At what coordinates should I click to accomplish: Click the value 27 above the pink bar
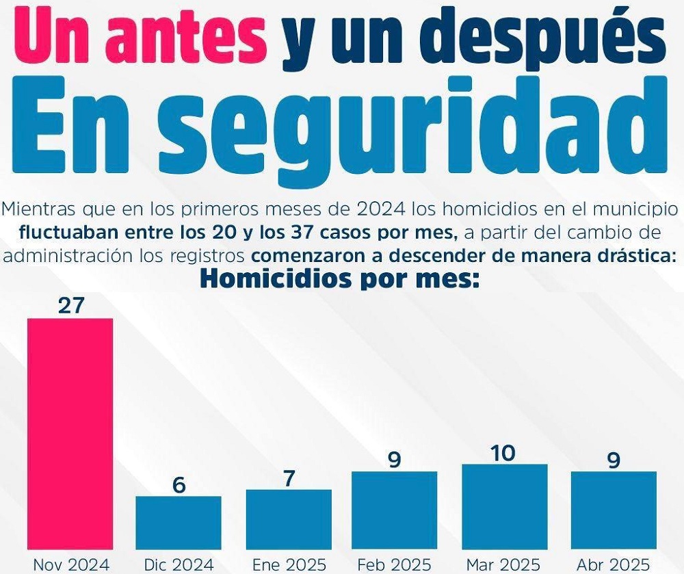(x=70, y=306)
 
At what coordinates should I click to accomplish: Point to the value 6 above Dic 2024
(x=179, y=484)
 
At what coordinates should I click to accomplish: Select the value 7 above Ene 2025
(x=289, y=478)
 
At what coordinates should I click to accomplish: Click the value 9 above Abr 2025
(x=614, y=460)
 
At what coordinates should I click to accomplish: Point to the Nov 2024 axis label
(x=70, y=564)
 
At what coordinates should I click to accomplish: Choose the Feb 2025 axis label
(x=395, y=564)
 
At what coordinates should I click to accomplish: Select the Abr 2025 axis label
(x=613, y=564)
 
